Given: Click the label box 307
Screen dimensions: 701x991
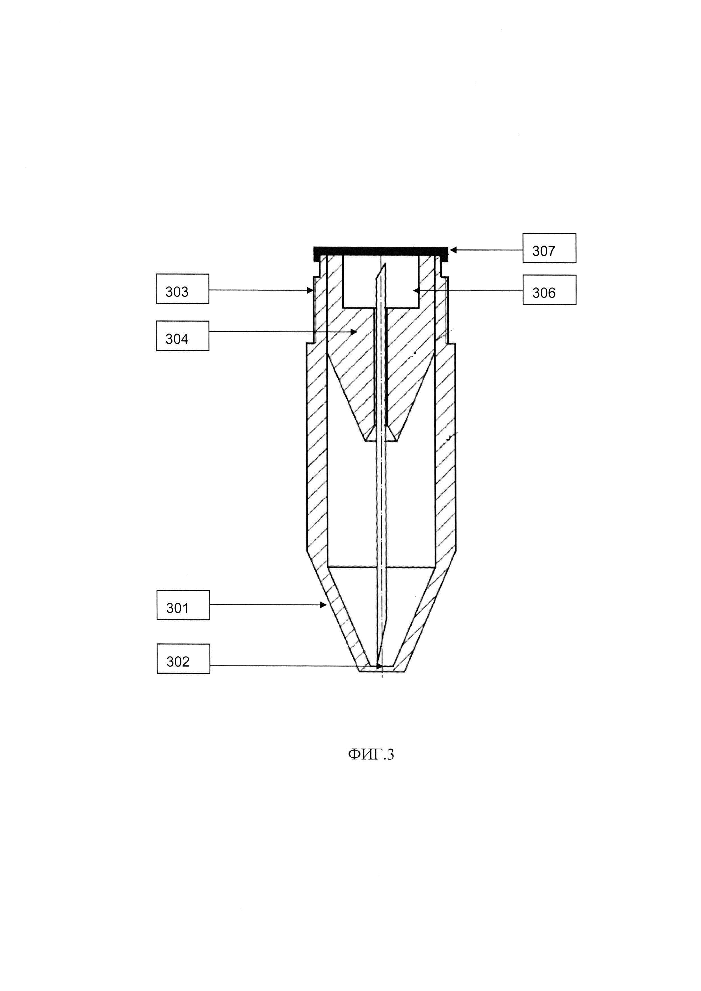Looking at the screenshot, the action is pos(549,248).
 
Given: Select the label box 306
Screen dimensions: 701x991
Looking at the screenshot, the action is pos(549,290).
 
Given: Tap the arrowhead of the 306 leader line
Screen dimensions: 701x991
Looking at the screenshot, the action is pos(416,290).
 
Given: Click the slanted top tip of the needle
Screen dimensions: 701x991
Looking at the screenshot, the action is pos(382,270).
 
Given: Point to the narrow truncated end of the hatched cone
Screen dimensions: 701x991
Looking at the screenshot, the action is pos(381,439).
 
